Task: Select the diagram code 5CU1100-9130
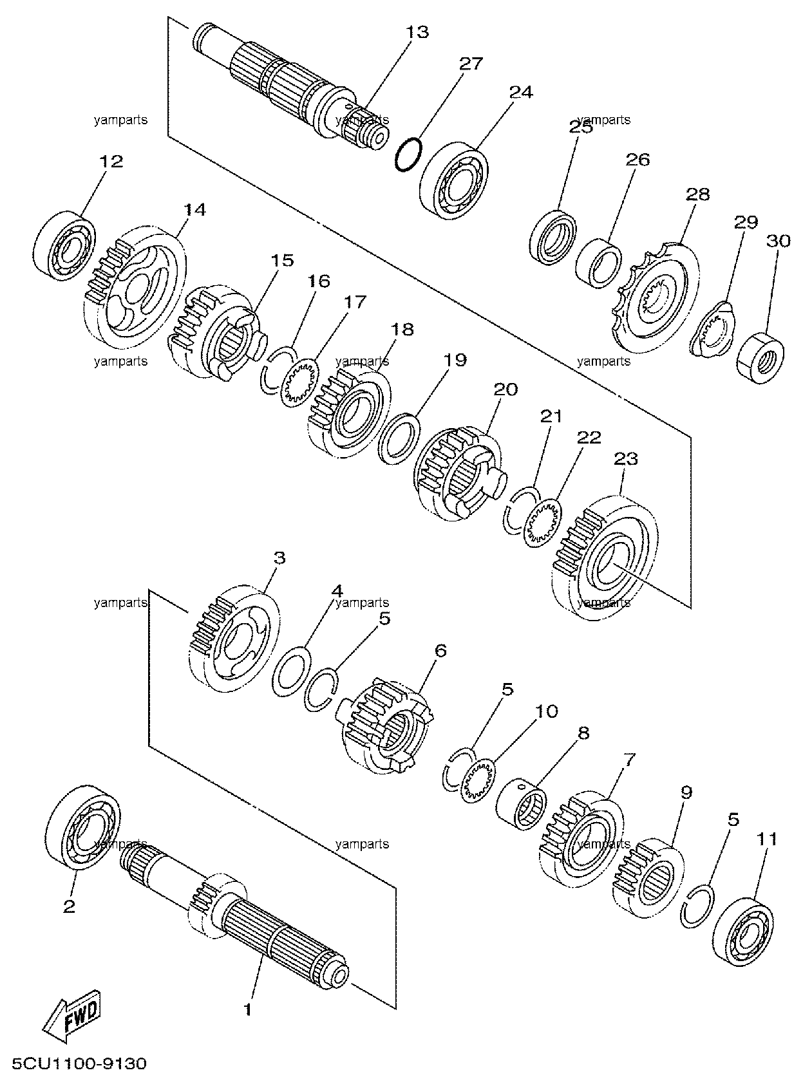pos(79,1063)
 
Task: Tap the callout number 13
pos(417,32)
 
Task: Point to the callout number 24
pos(521,91)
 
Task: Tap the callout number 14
pos(194,210)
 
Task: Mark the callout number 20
pos(505,389)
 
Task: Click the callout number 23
pos(626,459)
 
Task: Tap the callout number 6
pos(440,651)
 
